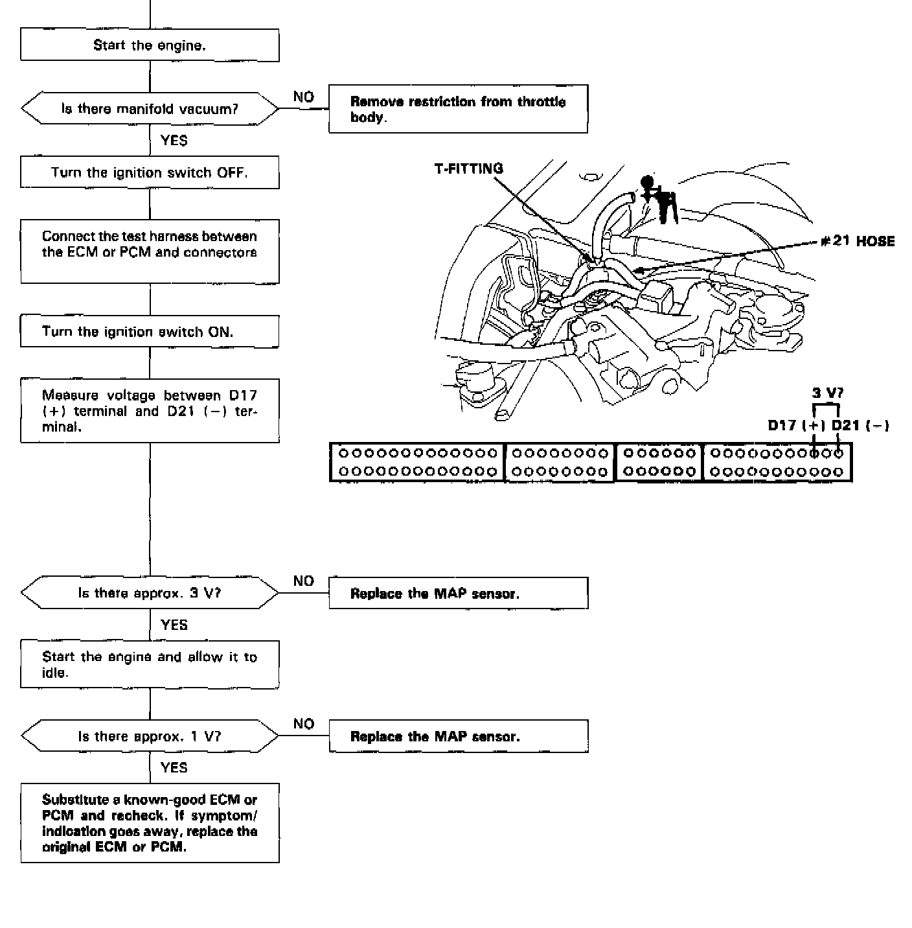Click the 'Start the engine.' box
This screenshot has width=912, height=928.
pyautogui.click(x=150, y=45)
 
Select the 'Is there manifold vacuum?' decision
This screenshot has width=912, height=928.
pyautogui.click(x=150, y=109)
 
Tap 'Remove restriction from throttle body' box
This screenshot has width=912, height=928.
pyautogui.click(x=458, y=109)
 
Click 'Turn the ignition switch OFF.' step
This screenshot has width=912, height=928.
pyautogui.click(x=150, y=172)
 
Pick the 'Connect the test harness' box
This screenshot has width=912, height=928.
pyautogui.click(x=150, y=251)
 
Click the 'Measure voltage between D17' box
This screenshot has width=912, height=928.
pyautogui.click(x=150, y=411)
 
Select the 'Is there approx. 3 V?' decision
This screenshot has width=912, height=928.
pyautogui.click(x=150, y=593)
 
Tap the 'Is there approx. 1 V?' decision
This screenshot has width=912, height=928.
pyautogui.click(x=150, y=736)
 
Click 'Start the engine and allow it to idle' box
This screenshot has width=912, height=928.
pyautogui.click(x=150, y=664)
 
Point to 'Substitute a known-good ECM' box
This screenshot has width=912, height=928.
pyautogui.click(x=150, y=823)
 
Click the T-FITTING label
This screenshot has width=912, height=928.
pyautogui.click(x=468, y=168)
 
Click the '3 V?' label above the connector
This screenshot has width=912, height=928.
pyautogui.click(x=828, y=393)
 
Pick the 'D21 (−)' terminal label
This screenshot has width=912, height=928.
pyautogui.click(x=860, y=425)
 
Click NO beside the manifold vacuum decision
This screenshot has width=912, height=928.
pyautogui.click(x=303, y=97)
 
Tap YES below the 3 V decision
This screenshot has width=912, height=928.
pyautogui.click(x=174, y=625)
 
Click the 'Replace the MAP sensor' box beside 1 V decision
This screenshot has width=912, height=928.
pyautogui.click(x=458, y=736)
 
